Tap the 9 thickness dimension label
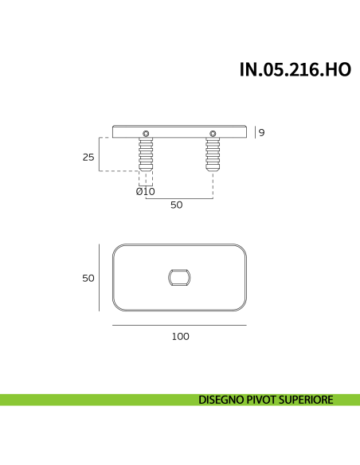click(x=261, y=133)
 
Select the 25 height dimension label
click(x=88, y=157)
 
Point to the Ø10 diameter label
click(x=146, y=191)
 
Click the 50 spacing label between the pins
click(x=177, y=205)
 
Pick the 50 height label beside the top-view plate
click(x=88, y=278)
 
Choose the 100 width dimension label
click(x=180, y=336)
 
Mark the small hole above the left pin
click(x=146, y=132)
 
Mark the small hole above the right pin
click(x=213, y=132)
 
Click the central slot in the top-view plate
click(x=180, y=277)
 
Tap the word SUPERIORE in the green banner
click(x=309, y=400)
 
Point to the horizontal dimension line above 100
click(x=180, y=325)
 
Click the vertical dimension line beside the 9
click(x=255, y=133)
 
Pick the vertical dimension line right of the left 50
click(x=100, y=278)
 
